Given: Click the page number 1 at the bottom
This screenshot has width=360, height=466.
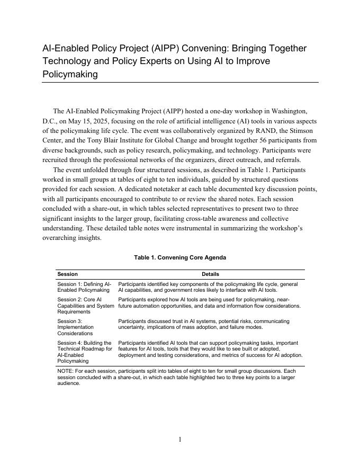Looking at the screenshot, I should tap(180, 439).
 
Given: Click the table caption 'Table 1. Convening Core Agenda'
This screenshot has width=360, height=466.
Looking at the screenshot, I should tap(180, 257).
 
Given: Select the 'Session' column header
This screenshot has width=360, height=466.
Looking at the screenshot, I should tap(67, 274).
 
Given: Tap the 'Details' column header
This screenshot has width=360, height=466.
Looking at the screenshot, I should tap(210, 274).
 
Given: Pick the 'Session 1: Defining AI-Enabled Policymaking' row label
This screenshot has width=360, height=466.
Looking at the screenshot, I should tap(84, 287).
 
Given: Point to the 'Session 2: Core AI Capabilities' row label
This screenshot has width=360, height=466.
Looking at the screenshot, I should tap(85, 306).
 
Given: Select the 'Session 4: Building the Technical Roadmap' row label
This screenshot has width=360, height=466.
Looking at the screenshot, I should tap(85, 352).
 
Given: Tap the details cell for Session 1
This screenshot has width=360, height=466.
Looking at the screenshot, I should tap(208, 287).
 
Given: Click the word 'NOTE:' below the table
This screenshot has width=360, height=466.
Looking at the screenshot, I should tap(66, 372).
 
